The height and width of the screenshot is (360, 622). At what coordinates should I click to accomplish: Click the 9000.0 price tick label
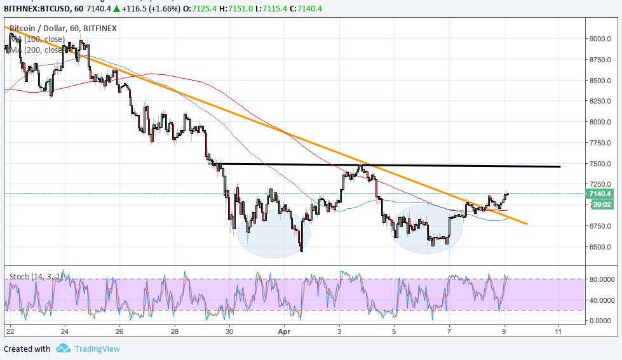point(600,39)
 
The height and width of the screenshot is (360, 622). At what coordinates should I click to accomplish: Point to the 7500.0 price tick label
point(600,164)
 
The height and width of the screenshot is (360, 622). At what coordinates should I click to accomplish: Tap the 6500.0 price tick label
point(600,247)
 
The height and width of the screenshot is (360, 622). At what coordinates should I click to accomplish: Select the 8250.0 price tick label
point(600,101)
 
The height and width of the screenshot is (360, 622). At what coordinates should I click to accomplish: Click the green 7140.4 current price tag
point(600,194)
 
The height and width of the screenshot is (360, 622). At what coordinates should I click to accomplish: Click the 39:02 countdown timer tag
point(600,204)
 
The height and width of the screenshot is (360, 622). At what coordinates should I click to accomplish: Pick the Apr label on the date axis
point(284,331)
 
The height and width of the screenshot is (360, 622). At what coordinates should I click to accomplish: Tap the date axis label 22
point(9,331)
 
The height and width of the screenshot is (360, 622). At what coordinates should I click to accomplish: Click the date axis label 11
point(558,331)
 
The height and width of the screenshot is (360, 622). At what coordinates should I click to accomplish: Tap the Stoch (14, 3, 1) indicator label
point(34,277)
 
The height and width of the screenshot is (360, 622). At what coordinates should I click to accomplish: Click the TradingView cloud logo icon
point(63,348)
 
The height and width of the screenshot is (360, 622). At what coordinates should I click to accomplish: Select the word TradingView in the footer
point(97,349)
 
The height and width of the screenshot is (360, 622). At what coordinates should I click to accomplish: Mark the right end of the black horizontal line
point(560,166)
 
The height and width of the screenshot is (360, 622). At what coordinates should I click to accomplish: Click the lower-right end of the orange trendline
point(527,223)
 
